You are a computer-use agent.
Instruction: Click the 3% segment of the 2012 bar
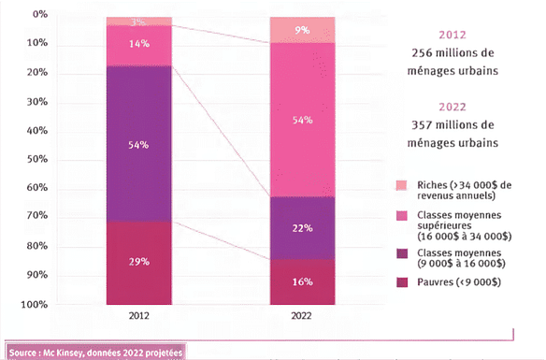(x=138, y=21)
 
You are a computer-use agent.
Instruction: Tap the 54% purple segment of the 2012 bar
(x=138, y=144)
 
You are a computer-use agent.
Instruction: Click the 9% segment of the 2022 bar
(x=302, y=29)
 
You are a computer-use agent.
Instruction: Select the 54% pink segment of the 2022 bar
(x=302, y=120)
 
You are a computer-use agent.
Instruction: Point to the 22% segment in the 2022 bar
(x=302, y=227)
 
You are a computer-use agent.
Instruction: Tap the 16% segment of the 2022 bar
(x=302, y=281)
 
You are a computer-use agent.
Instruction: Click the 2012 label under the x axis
(x=137, y=317)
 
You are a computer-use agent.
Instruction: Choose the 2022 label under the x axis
(x=302, y=317)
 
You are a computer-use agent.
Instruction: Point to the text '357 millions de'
(x=455, y=124)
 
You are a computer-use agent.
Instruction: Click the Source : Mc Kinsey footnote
(x=95, y=352)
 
